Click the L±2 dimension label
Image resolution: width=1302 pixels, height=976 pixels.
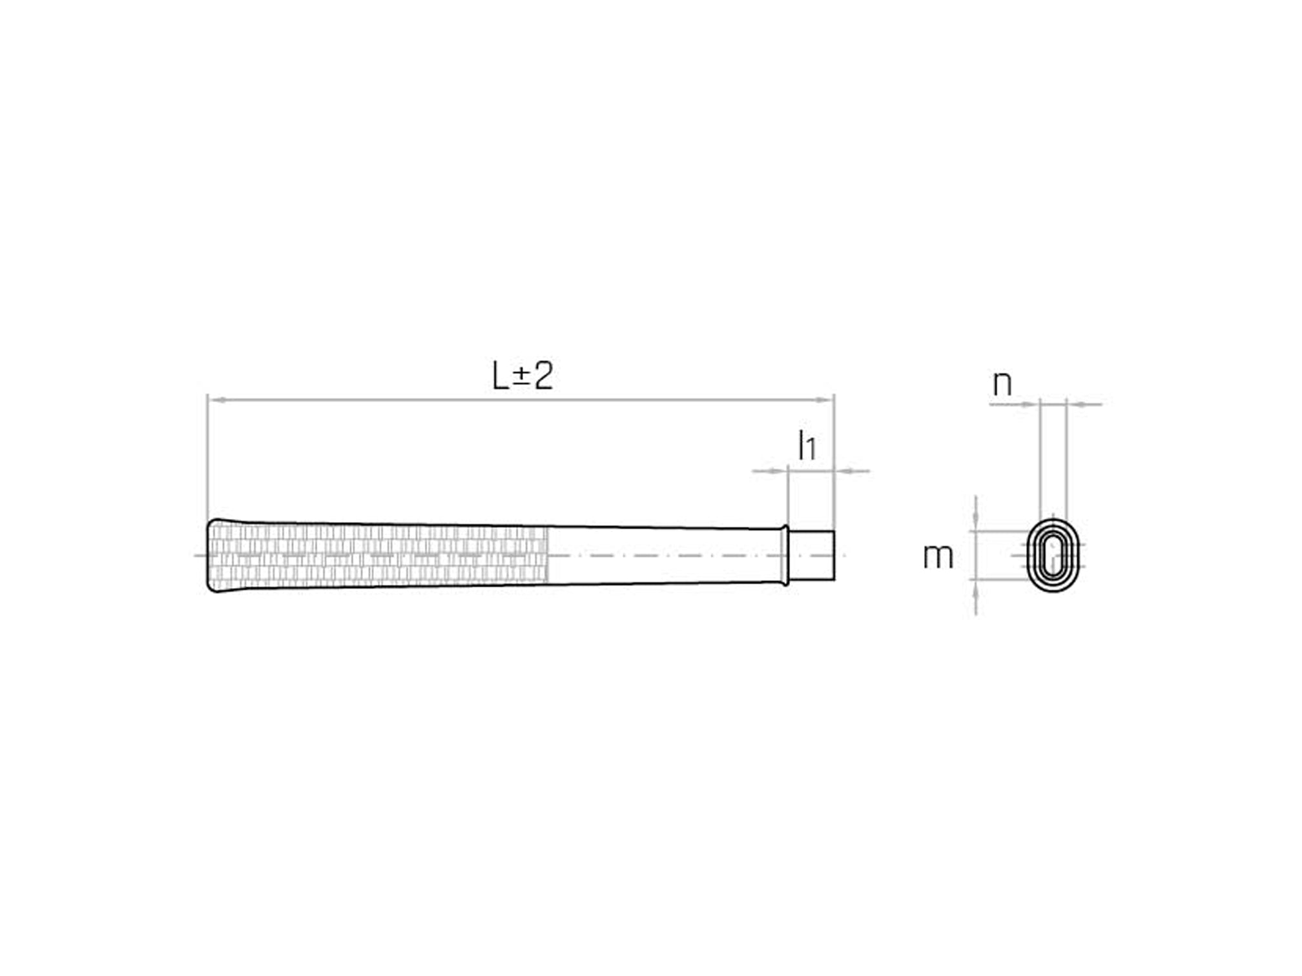tap(522, 376)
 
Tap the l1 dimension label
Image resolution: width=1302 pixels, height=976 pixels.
tap(807, 446)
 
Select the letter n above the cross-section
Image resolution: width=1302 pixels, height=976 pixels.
tap(1002, 385)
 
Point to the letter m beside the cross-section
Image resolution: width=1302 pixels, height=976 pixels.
tap(938, 556)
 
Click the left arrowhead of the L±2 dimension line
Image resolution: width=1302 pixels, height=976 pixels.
tap(217, 401)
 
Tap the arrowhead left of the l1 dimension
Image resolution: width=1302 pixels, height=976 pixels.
tap(779, 471)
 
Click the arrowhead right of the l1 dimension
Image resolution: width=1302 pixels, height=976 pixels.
tap(844, 471)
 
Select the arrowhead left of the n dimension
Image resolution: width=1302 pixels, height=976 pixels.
tap(1030, 405)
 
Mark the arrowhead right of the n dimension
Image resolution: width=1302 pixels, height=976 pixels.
tap(1075, 405)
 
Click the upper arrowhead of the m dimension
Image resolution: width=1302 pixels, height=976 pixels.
tap(976, 524)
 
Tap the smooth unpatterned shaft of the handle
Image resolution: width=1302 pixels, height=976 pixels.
tap(665, 555)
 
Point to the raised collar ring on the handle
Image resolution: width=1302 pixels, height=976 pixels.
tap(785, 555)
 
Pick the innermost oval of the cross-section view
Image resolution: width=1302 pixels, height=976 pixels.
tap(1054, 555)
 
